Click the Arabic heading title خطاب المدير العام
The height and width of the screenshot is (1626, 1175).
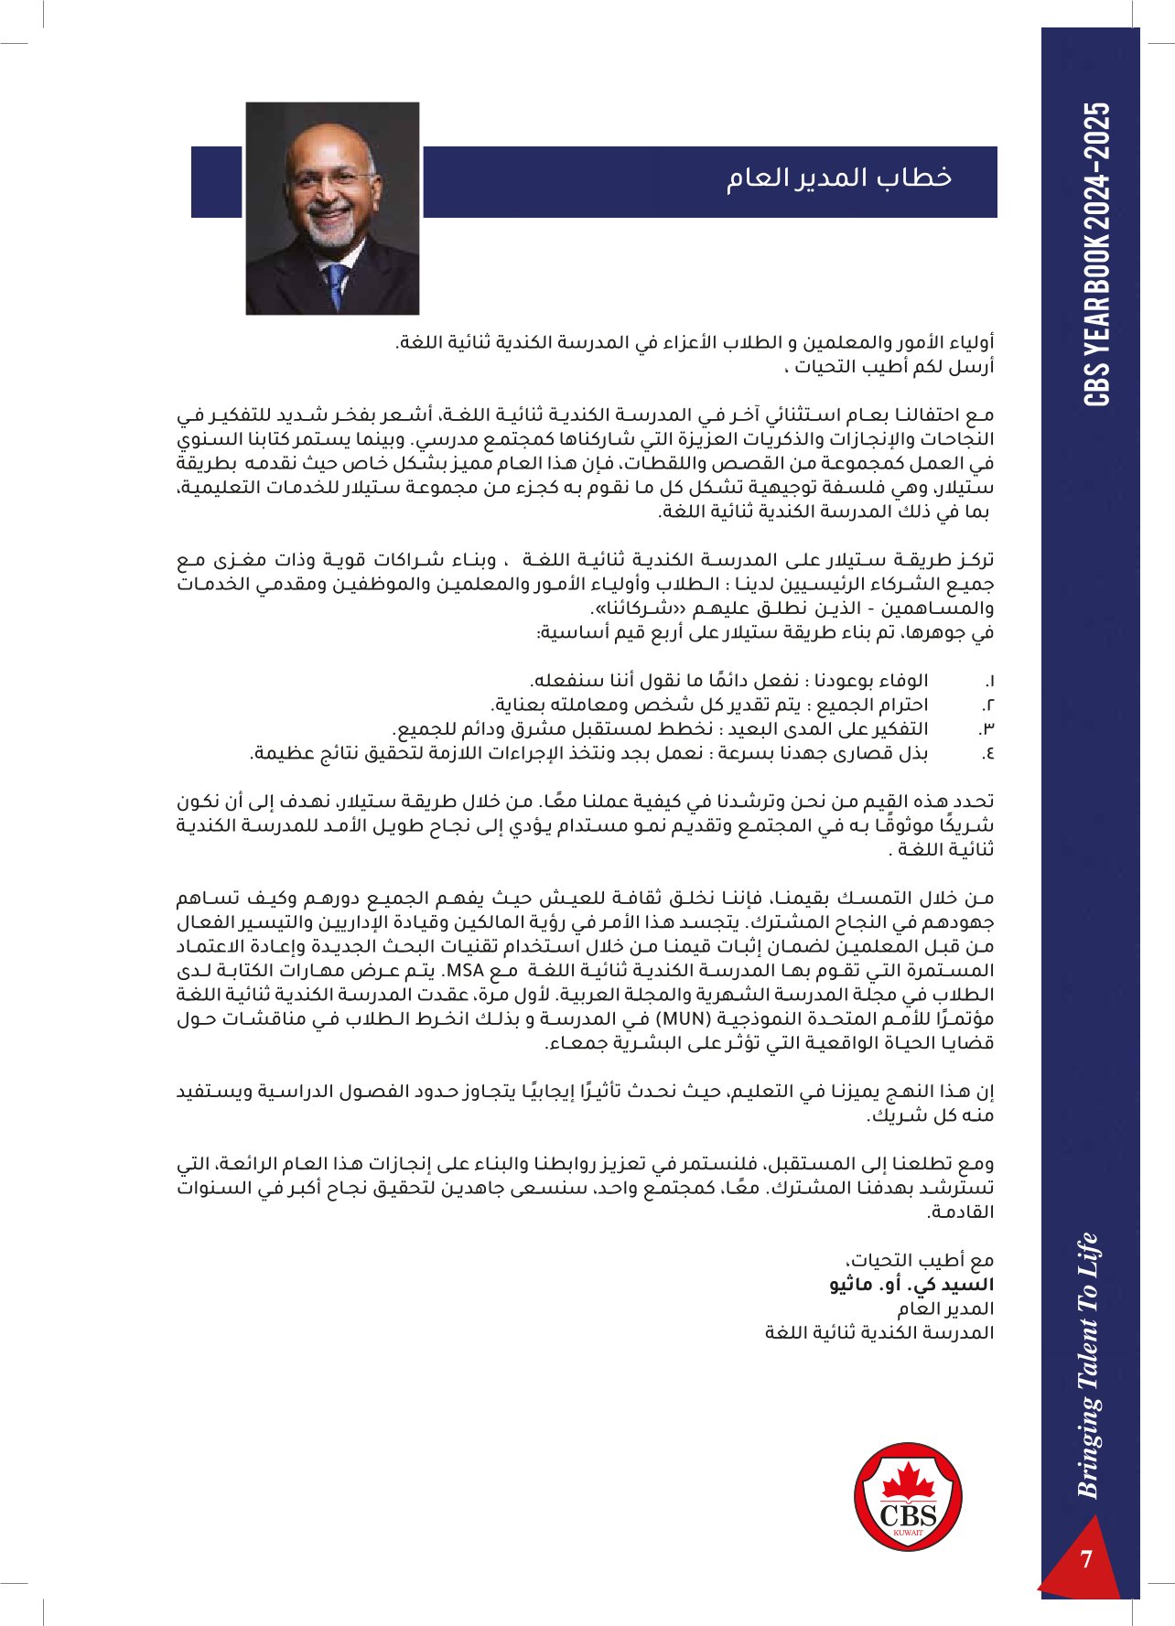(839, 178)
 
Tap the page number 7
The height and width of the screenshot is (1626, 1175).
(1086, 1558)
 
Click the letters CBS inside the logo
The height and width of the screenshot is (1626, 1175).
(908, 1514)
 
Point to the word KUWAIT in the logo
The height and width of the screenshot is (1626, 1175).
(908, 1533)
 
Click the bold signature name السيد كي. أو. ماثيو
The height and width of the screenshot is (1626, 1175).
(911, 1285)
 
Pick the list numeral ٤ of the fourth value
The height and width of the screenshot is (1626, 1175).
(988, 753)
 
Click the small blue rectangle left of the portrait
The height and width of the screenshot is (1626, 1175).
(216, 182)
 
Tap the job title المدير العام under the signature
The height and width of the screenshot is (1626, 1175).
(945, 1308)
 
